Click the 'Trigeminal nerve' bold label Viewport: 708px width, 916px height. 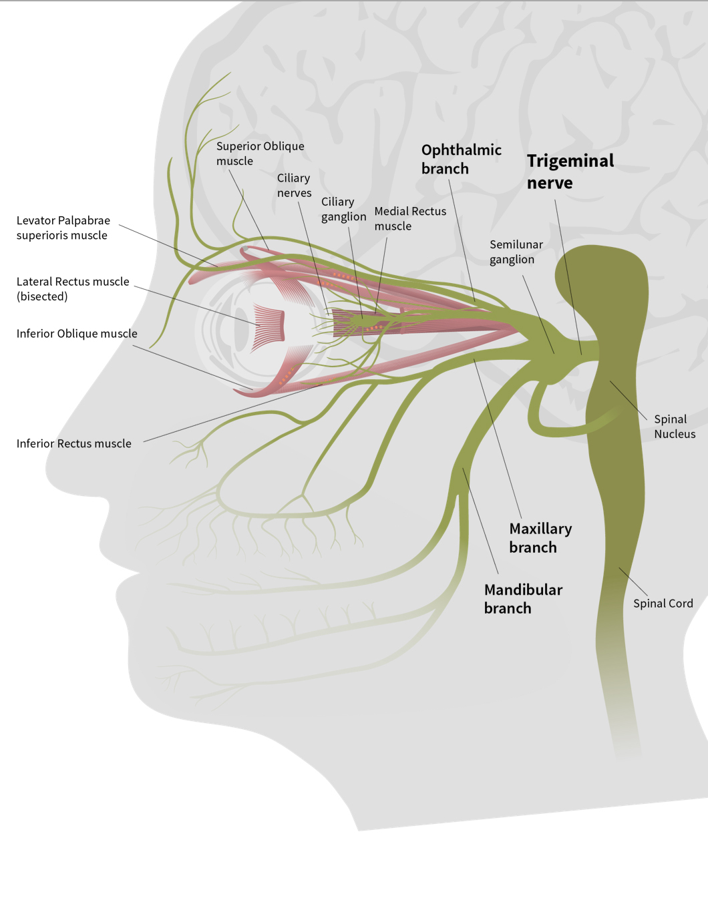click(570, 172)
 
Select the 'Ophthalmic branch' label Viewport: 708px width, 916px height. click(461, 159)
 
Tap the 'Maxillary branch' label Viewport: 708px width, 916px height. click(540, 538)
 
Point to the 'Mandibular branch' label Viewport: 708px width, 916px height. click(523, 599)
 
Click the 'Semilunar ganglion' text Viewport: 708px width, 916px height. click(516, 252)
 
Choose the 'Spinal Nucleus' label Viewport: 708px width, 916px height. click(674, 427)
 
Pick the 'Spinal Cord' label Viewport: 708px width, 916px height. click(663, 604)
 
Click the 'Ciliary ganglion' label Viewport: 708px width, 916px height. click(343, 209)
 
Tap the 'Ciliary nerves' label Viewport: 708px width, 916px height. click(294, 186)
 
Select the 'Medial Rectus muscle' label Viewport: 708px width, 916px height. click(409, 218)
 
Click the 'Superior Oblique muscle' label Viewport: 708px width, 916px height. click(260, 154)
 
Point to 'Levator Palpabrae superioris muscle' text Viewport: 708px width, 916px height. click(63, 228)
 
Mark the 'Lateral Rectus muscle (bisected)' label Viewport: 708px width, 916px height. click(72, 289)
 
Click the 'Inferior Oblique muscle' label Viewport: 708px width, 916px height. click(77, 334)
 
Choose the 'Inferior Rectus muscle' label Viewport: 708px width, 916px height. click(73, 443)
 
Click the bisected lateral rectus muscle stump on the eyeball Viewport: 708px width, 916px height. click(269, 327)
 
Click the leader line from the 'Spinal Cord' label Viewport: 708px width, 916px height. click(633, 582)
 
